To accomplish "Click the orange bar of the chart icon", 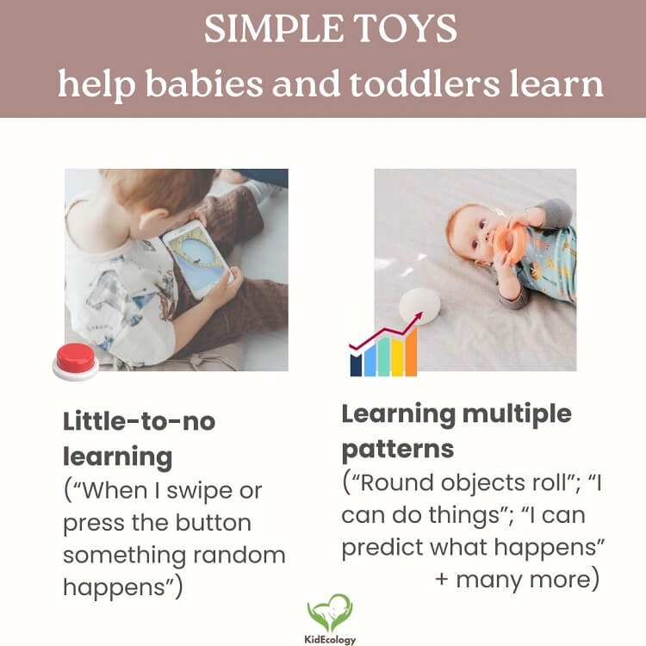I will [x=410, y=353].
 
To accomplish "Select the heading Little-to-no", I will [x=139, y=422].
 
